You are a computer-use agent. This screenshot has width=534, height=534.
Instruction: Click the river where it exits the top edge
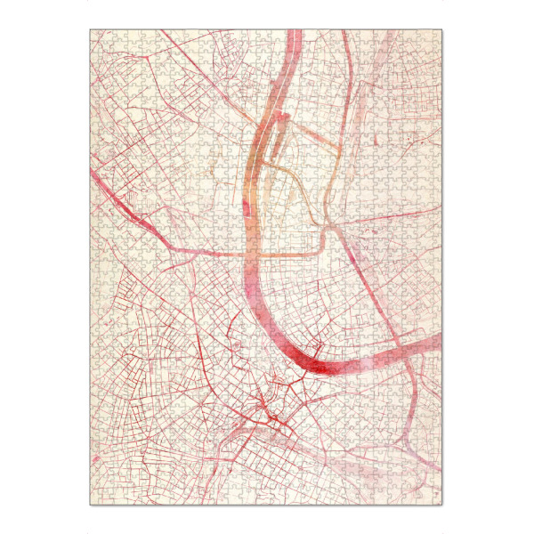point(295,34)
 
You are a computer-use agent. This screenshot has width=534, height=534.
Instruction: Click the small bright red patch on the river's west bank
point(243,208)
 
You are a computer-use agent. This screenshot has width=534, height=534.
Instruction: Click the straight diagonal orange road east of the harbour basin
point(307,133)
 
